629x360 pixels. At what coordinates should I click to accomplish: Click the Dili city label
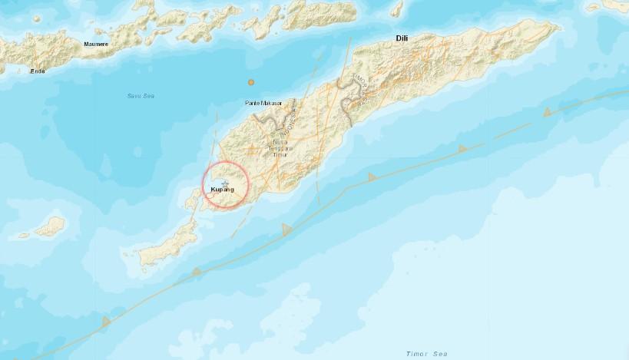point(402,38)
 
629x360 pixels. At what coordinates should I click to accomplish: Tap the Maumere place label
point(95,45)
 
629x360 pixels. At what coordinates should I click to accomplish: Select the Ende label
point(37,71)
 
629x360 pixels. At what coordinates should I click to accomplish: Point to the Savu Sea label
point(141,95)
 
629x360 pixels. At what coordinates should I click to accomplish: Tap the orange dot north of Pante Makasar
point(250,82)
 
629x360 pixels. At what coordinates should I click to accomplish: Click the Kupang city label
point(222,190)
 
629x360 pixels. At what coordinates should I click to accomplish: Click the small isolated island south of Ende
point(51,226)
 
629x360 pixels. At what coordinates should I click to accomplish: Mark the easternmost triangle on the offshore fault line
point(548,112)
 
